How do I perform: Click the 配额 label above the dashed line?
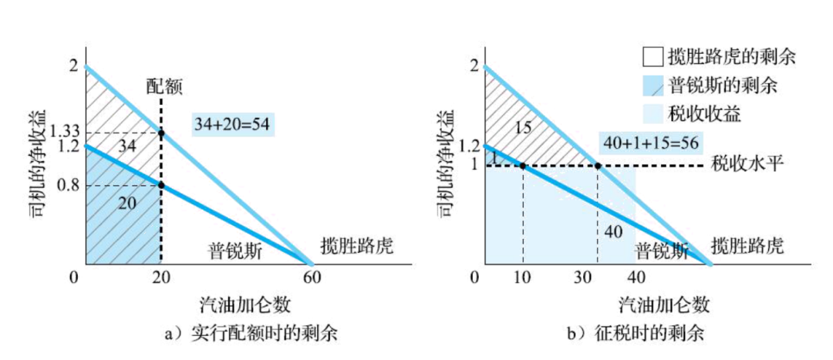point(164,86)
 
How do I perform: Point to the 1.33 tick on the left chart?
point(64,133)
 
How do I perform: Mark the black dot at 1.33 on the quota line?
point(160,133)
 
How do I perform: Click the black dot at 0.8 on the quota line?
point(160,186)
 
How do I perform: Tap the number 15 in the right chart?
point(523,128)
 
